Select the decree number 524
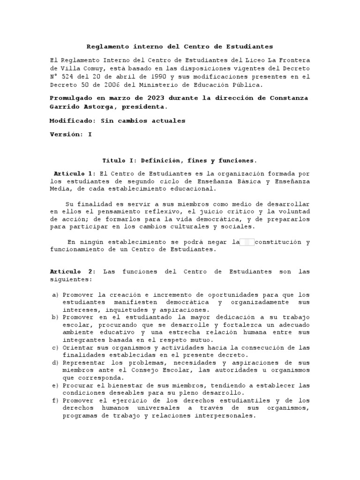click(67, 76)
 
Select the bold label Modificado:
click(72, 120)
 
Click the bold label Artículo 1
click(75, 173)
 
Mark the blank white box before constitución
click(247, 242)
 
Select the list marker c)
click(55, 347)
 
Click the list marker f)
click(55, 400)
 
